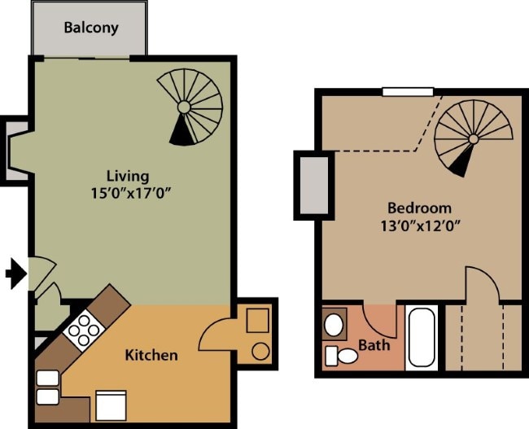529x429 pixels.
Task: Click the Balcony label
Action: pos(91,28)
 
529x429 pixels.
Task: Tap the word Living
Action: pos(128,176)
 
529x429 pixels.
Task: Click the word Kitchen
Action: pos(151,355)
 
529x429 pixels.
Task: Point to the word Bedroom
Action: pos(419,208)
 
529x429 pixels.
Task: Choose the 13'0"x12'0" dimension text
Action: pos(419,226)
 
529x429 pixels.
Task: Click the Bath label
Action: pos(374,345)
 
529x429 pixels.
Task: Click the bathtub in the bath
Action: pos(422,337)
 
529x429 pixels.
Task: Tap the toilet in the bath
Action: pos(342,356)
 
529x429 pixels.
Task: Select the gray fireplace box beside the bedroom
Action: pos(311,185)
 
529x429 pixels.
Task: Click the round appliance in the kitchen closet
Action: pos(260,352)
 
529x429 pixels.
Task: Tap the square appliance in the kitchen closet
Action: pos(258,320)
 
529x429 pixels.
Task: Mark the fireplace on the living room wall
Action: pos(16,149)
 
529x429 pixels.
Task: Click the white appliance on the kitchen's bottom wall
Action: pos(111,404)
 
